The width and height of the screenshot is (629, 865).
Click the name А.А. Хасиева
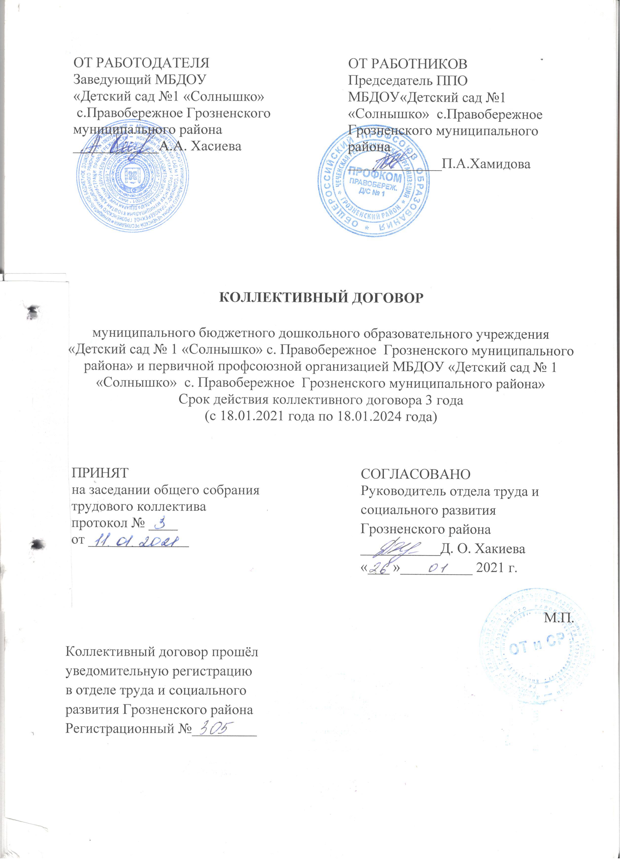coord(201,146)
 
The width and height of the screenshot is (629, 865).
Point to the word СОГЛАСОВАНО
coord(416,474)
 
